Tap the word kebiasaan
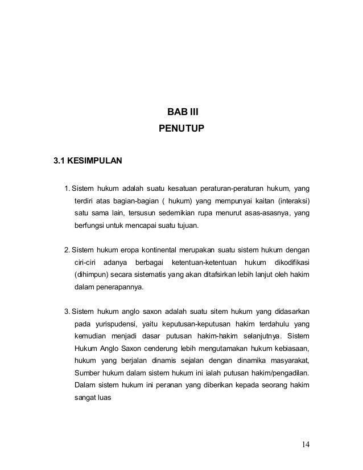click(290, 349)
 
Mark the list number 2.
click(67, 250)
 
